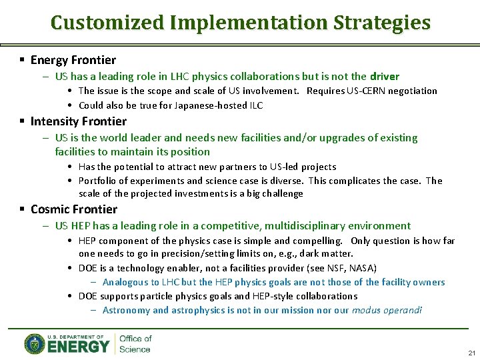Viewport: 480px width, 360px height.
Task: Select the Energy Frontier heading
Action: [x=73, y=60]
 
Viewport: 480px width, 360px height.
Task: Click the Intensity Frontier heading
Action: [x=78, y=121]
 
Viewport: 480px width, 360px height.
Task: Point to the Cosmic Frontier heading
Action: [x=73, y=209]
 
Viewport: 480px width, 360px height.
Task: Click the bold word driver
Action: [x=385, y=77]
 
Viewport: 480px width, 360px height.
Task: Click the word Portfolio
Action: [x=97, y=181]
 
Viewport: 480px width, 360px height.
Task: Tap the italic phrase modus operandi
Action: [x=387, y=310]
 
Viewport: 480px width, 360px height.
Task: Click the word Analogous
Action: [x=125, y=282]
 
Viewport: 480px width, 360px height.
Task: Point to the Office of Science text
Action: [x=135, y=344]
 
